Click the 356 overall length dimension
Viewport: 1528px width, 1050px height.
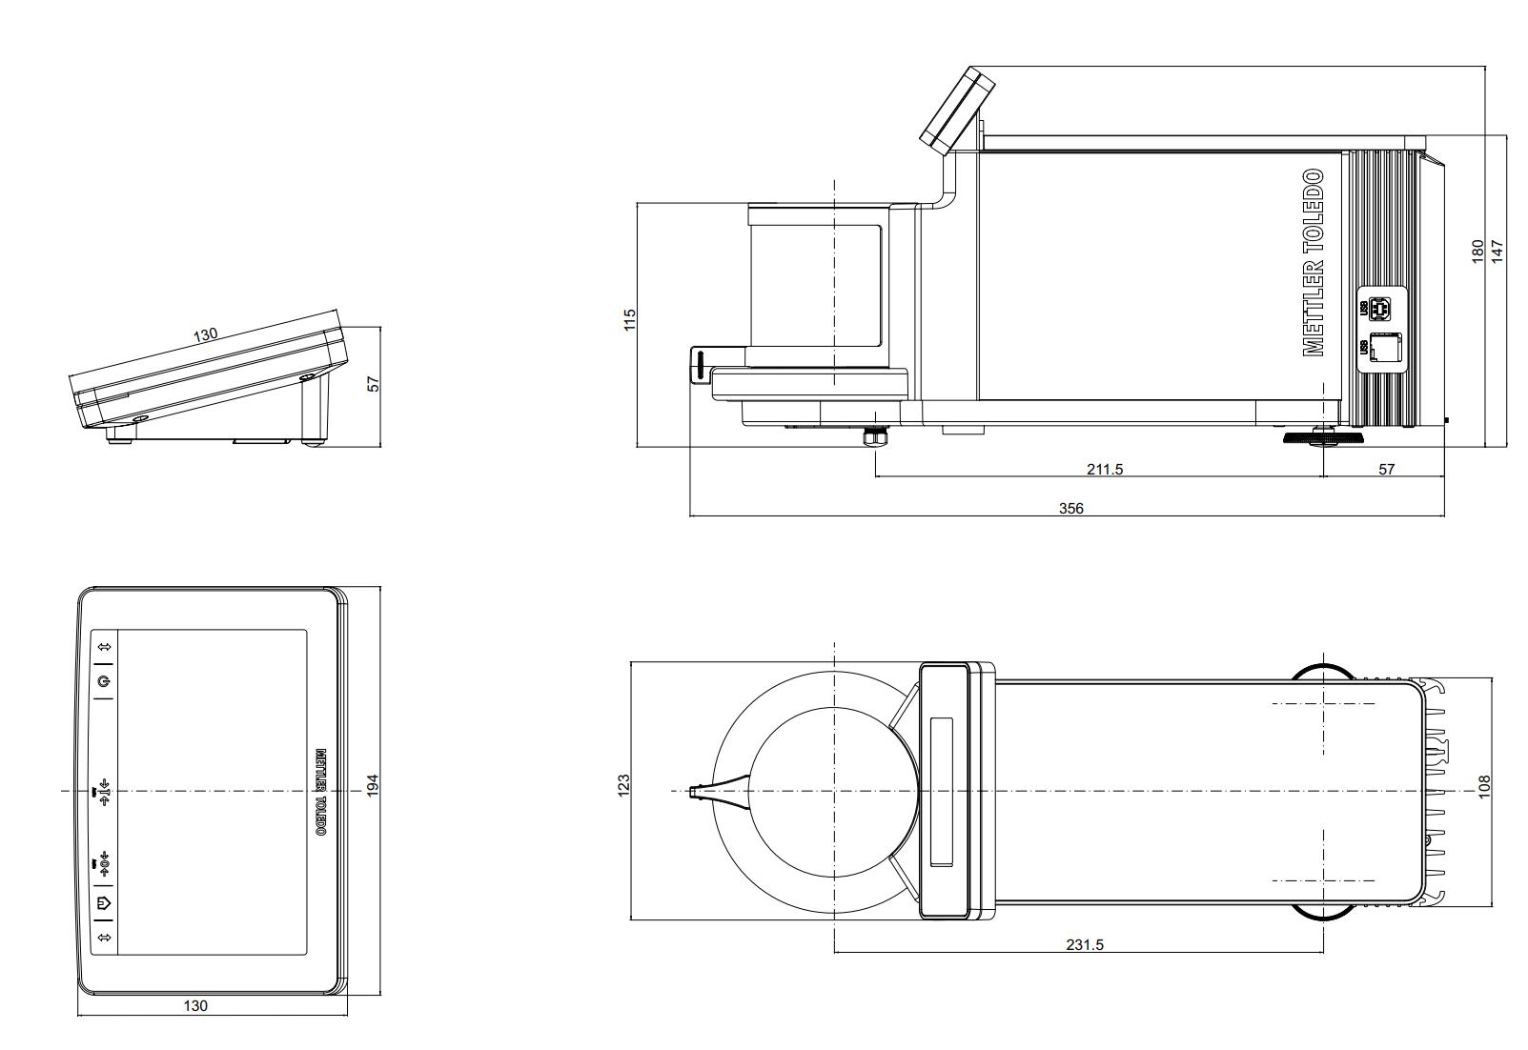click(1071, 508)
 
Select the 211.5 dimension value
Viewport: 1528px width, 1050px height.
click(1105, 469)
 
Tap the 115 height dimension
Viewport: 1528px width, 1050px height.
click(629, 319)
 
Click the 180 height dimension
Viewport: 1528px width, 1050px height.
click(1477, 252)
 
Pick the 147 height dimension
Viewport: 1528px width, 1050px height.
click(1497, 252)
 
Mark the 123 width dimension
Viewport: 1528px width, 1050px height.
click(624, 787)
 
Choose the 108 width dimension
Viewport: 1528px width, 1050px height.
click(1484, 787)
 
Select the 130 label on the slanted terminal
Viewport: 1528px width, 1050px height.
click(205, 335)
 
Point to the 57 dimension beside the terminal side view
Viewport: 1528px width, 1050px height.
click(374, 383)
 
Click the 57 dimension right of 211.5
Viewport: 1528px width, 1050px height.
click(1386, 469)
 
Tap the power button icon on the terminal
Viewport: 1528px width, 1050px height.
click(104, 681)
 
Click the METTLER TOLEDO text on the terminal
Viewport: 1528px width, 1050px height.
click(321, 792)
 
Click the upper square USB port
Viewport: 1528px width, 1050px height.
click(1378, 309)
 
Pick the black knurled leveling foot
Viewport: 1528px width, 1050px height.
click(1322, 438)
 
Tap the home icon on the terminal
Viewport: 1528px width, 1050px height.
click(104, 901)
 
